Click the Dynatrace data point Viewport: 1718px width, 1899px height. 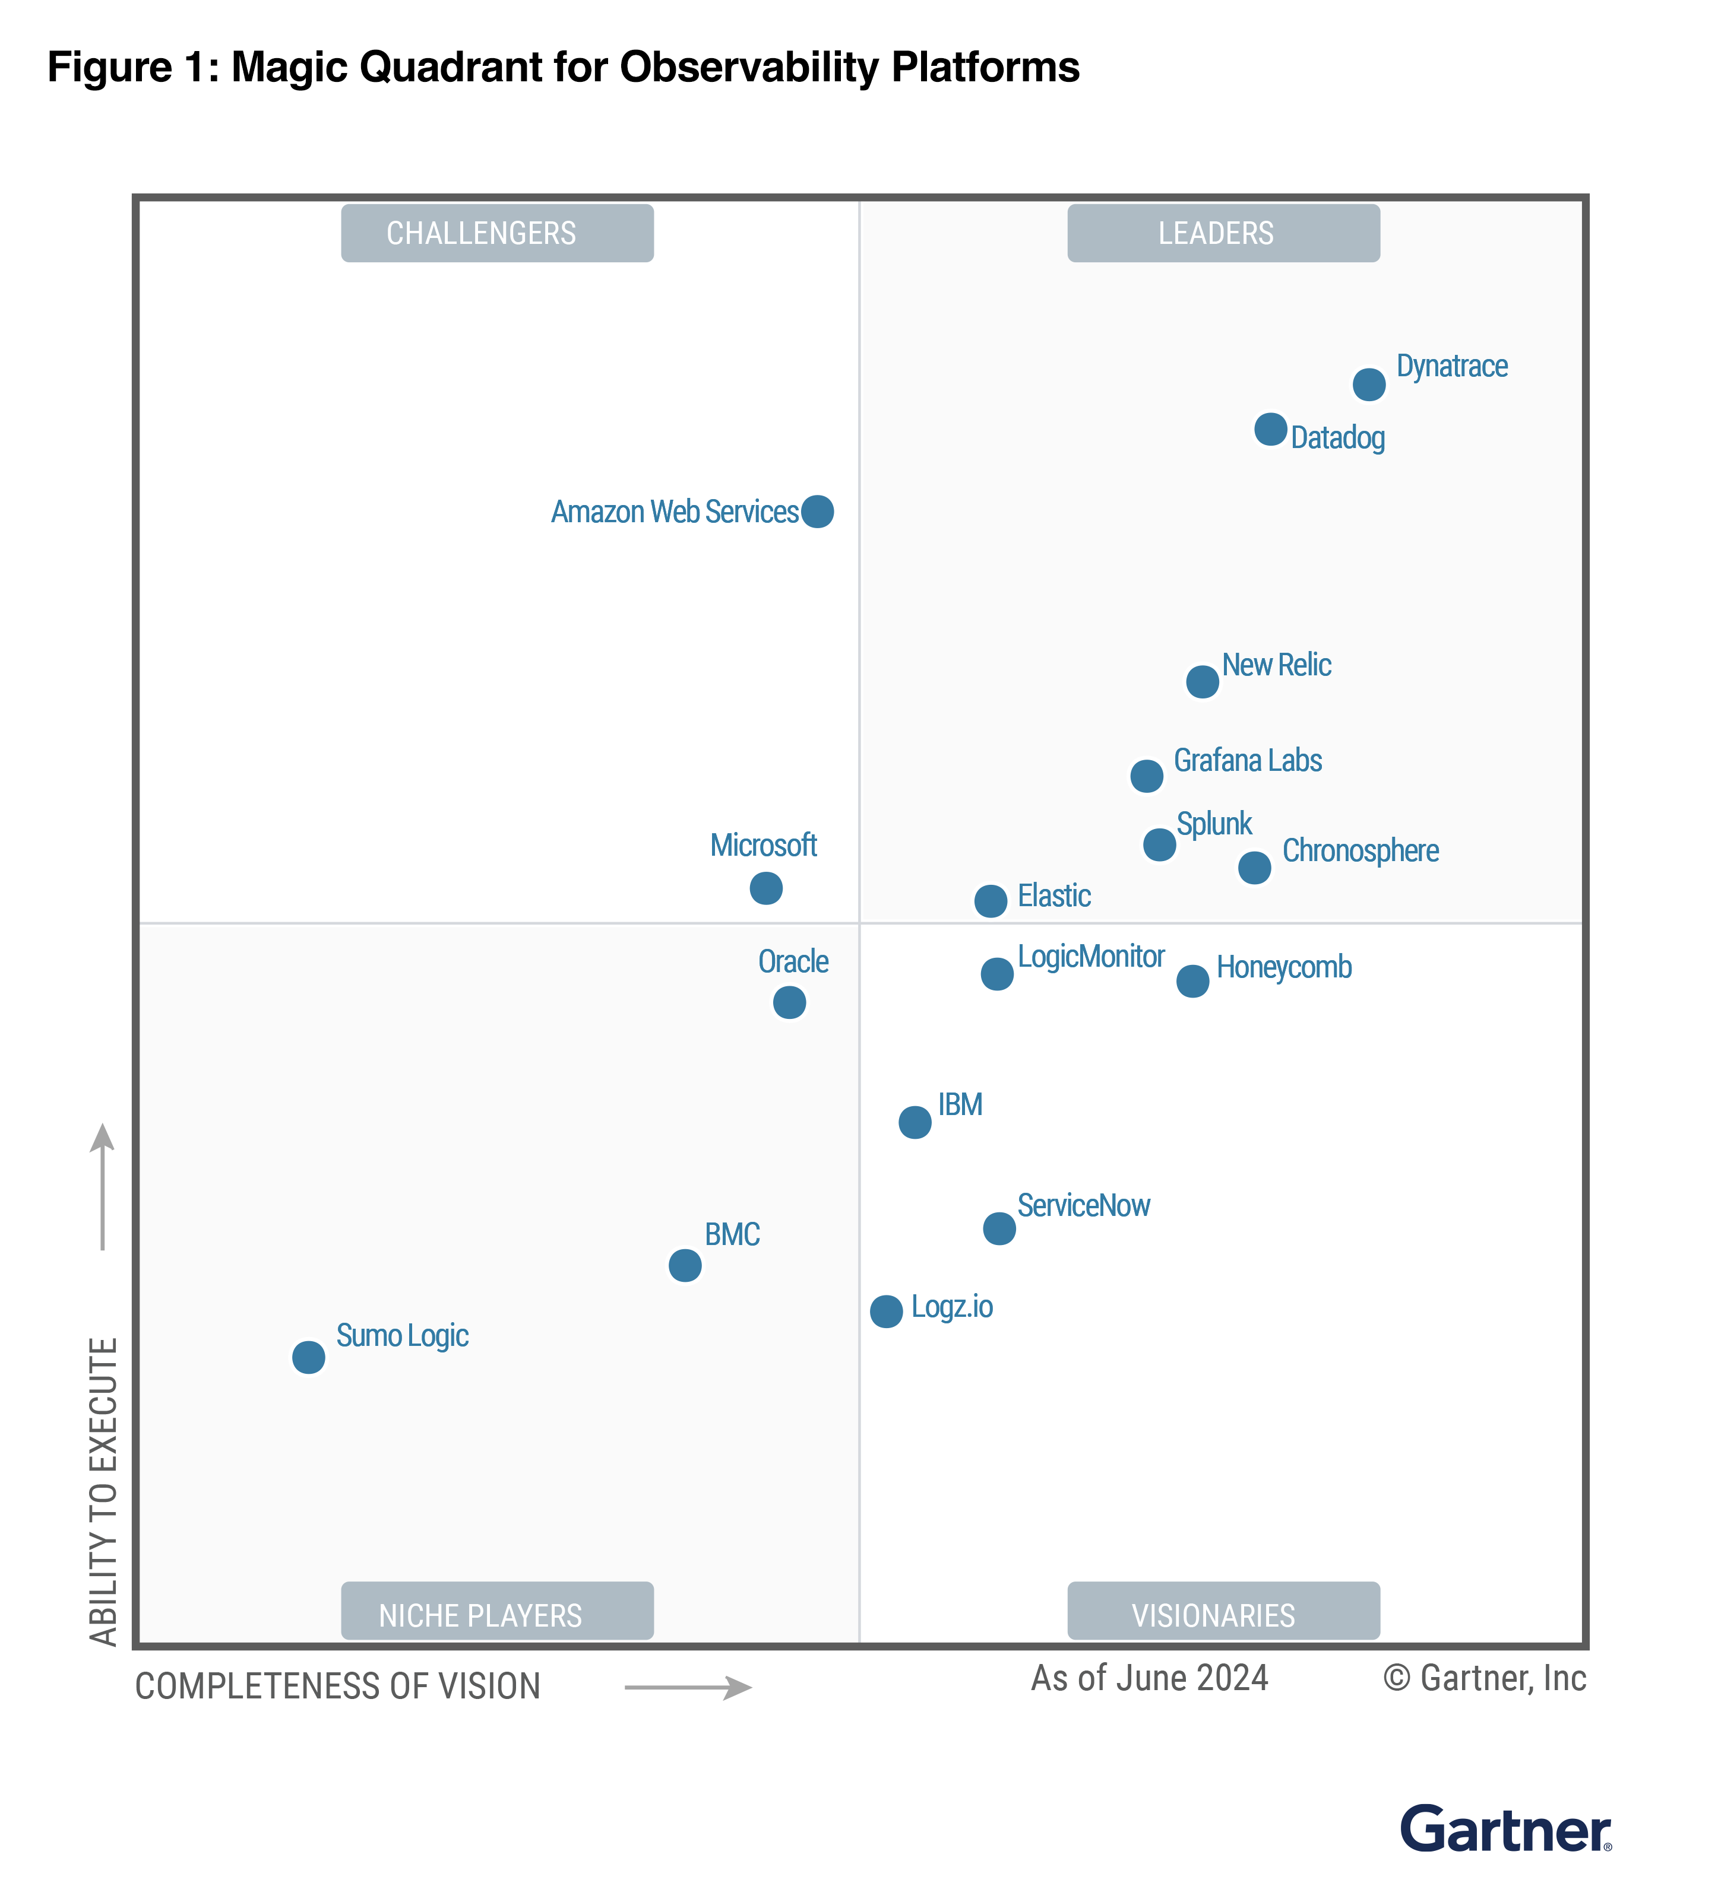point(1368,385)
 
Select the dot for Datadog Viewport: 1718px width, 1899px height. point(1270,430)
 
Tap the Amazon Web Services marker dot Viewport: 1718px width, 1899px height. point(817,512)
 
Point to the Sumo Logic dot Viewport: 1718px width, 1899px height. point(308,1357)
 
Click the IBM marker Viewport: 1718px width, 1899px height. point(914,1122)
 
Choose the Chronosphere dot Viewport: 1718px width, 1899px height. point(1254,868)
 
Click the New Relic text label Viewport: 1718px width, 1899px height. point(1276,665)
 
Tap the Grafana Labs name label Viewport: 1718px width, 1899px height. point(1247,760)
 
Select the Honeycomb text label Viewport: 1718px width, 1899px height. point(1283,967)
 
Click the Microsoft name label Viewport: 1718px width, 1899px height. point(762,845)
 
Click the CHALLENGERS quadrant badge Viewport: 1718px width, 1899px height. point(496,233)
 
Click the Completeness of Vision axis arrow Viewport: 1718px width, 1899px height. point(688,1687)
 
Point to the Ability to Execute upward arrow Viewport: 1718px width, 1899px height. point(102,1187)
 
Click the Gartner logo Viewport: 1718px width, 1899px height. point(1505,1830)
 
